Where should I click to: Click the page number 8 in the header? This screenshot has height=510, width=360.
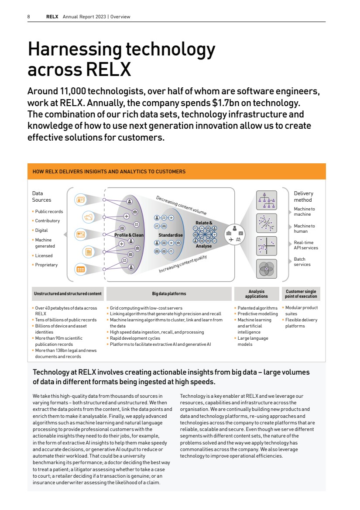28,17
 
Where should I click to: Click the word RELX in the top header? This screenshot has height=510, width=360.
52,17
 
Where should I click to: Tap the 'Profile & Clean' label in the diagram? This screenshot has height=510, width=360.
129,235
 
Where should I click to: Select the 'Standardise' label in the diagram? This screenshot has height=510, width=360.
170,235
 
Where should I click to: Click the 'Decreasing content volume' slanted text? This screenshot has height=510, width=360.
181,205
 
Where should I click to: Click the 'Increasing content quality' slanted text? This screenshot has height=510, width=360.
182,264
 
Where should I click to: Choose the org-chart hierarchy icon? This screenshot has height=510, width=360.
266,200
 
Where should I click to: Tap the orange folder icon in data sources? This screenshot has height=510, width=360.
88,217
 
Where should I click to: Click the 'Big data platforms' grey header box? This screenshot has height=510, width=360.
169,294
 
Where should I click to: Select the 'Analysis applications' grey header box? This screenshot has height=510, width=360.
256,294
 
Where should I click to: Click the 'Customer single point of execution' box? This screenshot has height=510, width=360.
301,294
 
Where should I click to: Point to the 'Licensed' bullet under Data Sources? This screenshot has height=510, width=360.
44,256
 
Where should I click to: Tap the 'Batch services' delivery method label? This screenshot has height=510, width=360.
302,262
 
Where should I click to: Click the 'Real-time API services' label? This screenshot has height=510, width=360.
305,245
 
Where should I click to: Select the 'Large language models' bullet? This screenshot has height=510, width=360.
253,341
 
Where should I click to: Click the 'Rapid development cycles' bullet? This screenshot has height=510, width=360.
135,338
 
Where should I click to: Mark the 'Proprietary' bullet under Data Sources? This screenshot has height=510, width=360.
46,265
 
